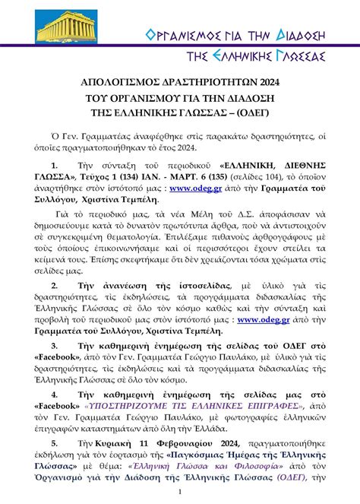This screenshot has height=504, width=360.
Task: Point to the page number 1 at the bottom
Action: [180, 493]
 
